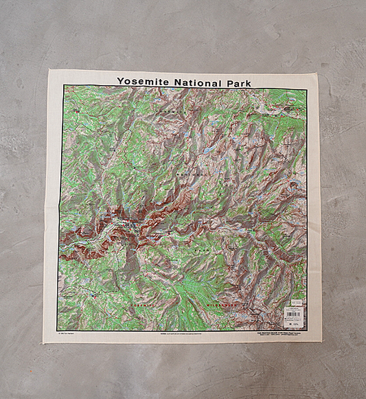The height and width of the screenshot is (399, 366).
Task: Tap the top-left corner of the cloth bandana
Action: [49, 69]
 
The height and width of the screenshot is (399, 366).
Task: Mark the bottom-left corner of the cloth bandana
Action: [44, 341]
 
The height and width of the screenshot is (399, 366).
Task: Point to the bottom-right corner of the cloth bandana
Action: [319, 343]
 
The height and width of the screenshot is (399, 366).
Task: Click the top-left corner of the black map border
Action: [64, 85]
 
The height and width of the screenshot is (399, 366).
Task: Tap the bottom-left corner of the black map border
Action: [58, 330]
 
